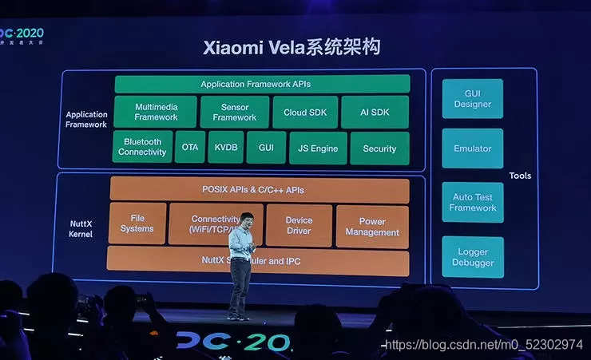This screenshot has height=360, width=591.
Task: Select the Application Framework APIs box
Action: [x=262, y=84]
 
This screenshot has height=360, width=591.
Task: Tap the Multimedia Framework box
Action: [x=155, y=112]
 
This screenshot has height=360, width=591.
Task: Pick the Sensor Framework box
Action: [x=234, y=112]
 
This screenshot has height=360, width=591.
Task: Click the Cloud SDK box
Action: [x=305, y=113]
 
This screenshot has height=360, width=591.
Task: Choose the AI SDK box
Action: [x=375, y=113]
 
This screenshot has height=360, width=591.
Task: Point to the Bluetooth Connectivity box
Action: [x=142, y=147]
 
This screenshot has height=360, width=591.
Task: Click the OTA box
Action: [x=190, y=148]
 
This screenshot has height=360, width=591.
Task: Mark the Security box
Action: [x=379, y=148]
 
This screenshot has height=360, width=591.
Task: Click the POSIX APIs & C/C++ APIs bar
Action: [x=259, y=190]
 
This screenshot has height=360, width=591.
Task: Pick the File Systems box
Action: [x=137, y=224]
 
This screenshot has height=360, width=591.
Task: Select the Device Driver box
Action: [x=299, y=225]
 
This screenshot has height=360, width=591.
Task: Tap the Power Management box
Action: [x=372, y=227]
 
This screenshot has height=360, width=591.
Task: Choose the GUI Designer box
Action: [x=473, y=99]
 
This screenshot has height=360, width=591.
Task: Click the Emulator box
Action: [x=473, y=148]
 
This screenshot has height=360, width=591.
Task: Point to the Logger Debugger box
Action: [x=473, y=257]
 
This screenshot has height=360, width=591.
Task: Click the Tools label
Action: [x=520, y=176]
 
